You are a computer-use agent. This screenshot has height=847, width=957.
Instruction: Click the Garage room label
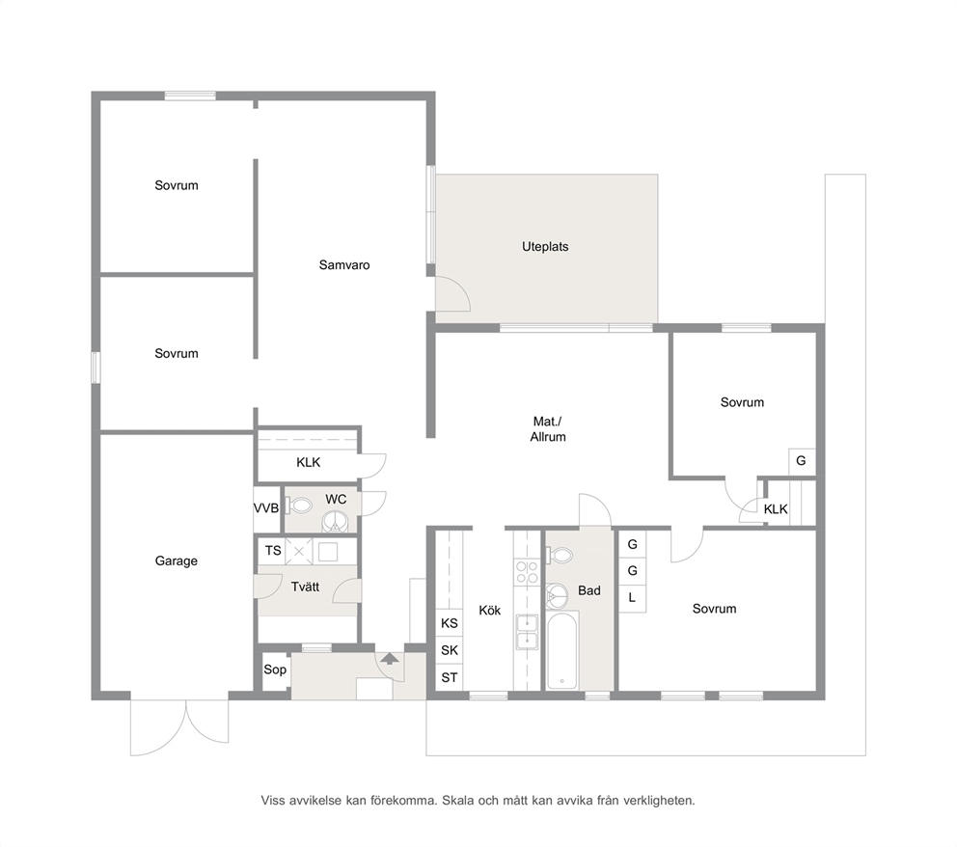[176, 560]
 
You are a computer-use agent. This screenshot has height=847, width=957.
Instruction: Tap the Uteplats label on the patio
[545, 247]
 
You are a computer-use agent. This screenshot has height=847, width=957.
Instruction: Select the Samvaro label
[344, 265]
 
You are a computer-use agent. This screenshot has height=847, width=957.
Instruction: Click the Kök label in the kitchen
[489, 611]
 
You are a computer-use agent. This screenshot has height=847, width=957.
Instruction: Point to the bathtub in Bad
[561, 651]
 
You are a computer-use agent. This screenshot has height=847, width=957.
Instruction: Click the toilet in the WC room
[298, 505]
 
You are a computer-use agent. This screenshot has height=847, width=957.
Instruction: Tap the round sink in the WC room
[336, 522]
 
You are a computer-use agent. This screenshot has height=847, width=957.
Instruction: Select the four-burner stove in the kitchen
[528, 572]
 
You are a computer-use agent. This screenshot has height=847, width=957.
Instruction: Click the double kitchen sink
[528, 632]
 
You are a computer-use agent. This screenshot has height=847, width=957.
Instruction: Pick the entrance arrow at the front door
[390, 658]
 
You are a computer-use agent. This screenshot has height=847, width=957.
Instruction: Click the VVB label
[266, 508]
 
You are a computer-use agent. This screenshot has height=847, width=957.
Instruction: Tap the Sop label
[275, 669]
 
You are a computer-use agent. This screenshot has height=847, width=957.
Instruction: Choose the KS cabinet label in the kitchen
[450, 623]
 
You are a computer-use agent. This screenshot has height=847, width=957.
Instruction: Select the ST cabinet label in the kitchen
[450, 677]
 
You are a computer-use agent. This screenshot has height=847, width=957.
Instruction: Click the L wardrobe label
[632, 597]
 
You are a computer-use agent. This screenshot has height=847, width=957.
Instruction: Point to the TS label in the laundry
[273, 551]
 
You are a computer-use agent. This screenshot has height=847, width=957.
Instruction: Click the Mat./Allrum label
[547, 429]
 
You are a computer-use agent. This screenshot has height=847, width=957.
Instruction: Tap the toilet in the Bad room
[560, 556]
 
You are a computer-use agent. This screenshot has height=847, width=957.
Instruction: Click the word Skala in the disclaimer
[457, 801]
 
